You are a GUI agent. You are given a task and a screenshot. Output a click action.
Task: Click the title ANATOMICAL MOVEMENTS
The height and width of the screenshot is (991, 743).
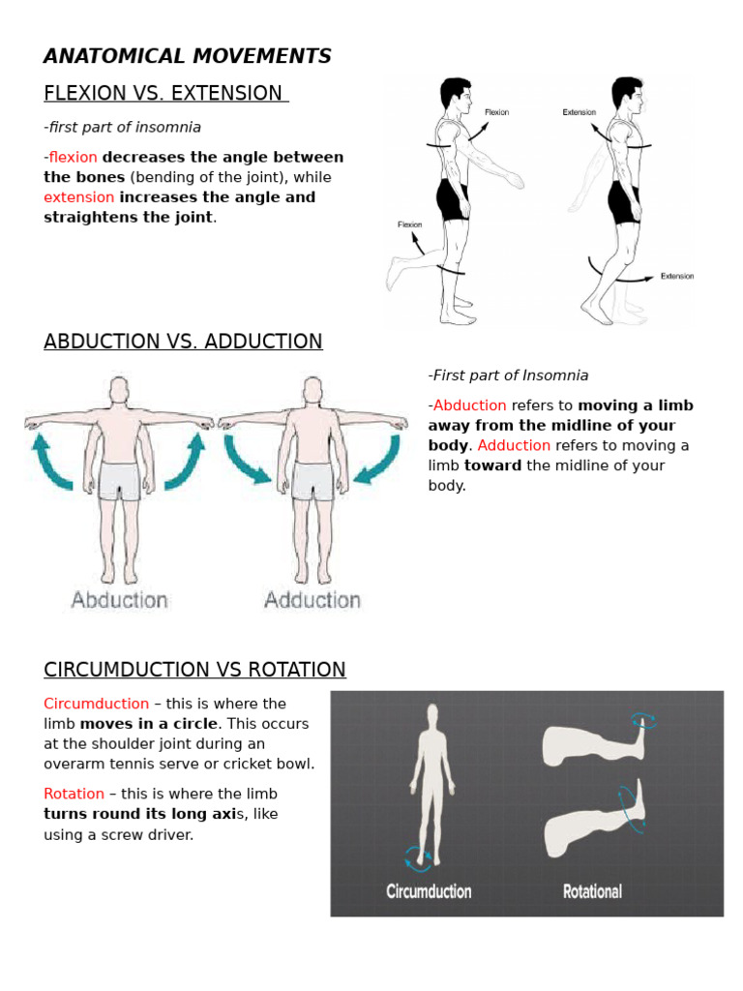(188, 56)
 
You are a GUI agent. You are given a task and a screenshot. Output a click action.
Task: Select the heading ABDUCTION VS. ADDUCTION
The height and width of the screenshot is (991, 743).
(183, 342)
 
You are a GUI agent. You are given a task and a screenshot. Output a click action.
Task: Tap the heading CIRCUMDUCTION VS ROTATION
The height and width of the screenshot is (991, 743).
(194, 670)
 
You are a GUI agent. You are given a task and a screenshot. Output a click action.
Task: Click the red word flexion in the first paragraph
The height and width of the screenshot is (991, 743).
(74, 157)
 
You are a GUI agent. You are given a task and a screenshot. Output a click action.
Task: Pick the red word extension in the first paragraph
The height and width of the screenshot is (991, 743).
(78, 197)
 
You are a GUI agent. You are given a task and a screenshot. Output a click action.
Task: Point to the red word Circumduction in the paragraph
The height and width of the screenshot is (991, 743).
(96, 704)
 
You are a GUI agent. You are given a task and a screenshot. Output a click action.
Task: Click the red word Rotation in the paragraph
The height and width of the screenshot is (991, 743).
(74, 794)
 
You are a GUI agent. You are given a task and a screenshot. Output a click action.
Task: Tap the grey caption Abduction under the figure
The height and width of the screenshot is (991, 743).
(119, 600)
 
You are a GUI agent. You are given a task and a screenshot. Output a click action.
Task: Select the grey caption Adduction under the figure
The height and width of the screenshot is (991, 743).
(312, 600)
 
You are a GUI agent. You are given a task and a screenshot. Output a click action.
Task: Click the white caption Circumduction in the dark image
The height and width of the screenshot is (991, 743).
(429, 891)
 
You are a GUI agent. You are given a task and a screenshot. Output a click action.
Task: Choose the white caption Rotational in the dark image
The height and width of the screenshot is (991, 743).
(592, 891)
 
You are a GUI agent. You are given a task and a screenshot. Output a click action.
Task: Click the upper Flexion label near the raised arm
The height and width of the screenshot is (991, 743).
(496, 112)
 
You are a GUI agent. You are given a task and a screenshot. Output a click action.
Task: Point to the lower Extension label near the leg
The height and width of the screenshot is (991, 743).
(676, 276)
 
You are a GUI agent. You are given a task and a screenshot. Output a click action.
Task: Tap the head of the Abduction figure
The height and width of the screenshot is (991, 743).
(119, 390)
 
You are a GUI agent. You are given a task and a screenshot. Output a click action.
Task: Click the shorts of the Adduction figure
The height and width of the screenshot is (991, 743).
(312, 480)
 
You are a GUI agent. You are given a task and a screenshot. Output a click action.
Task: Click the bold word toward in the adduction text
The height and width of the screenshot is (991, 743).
(492, 465)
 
